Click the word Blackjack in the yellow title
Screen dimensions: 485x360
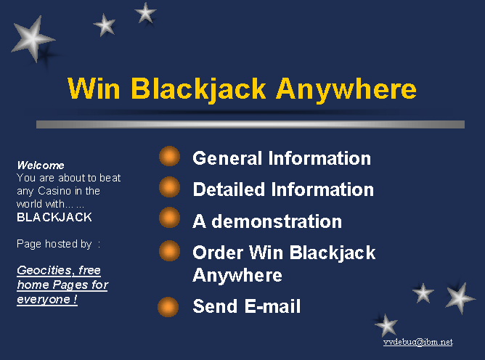(198, 89)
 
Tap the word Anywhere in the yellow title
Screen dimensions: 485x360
(346, 90)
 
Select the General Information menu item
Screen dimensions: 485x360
(282, 158)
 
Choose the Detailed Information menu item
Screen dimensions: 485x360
(283, 189)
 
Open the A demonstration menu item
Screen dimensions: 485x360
(267, 221)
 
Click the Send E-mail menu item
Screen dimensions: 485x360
(247, 306)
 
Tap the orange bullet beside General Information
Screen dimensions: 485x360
(169, 156)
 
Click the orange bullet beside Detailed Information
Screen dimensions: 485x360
(169, 187)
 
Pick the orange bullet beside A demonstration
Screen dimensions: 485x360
(169, 218)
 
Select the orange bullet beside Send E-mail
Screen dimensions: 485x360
(168, 307)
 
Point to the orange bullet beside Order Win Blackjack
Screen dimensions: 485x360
(169, 251)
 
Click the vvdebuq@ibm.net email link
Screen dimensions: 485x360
(418, 342)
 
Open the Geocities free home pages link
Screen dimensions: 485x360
(62, 285)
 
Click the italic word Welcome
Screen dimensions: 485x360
(41, 165)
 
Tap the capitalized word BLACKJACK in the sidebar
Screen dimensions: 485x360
(54, 217)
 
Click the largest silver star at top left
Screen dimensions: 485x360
(32, 38)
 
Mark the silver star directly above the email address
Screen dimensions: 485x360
(386, 325)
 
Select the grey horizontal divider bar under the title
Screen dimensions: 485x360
(250, 124)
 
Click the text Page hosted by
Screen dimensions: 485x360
(54, 244)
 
